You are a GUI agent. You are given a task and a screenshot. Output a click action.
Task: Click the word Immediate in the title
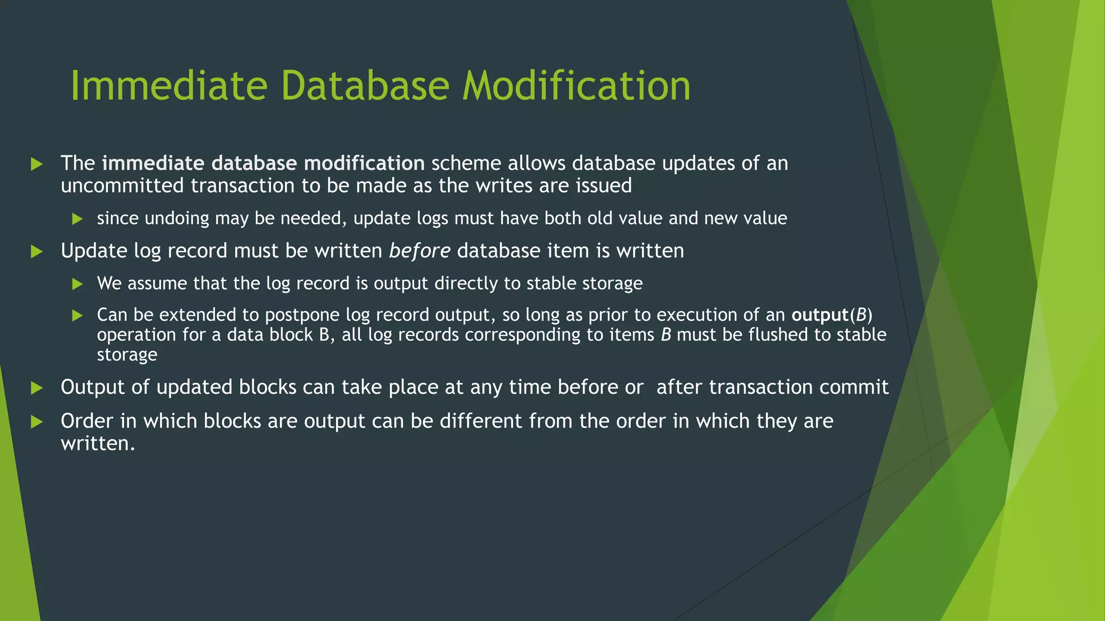click(x=169, y=86)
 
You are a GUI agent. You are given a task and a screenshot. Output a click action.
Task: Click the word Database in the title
click(x=365, y=86)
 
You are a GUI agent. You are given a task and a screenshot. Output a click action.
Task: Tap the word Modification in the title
click(x=576, y=86)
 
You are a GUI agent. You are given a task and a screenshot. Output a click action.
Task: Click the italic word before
click(x=419, y=251)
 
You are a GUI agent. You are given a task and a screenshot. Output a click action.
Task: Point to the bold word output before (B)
click(x=820, y=315)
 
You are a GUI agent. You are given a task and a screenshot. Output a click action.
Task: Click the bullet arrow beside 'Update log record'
click(x=37, y=251)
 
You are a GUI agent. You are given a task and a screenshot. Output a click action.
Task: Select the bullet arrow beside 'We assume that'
click(x=77, y=284)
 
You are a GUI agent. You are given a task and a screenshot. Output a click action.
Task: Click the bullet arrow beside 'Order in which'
click(x=37, y=422)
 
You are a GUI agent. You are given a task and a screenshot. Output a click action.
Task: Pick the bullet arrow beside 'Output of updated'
click(x=37, y=388)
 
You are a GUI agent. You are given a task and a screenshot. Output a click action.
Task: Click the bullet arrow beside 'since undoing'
click(x=77, y=219)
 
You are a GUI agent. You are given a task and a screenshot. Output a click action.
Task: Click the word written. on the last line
click(x=98, y=444)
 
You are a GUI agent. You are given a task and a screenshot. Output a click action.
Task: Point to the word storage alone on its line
click(x=127, y=355)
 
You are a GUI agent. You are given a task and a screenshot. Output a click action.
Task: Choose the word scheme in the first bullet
click(x=466, y=163)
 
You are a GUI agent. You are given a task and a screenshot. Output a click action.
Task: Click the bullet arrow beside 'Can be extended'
click(x=77, y=315)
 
